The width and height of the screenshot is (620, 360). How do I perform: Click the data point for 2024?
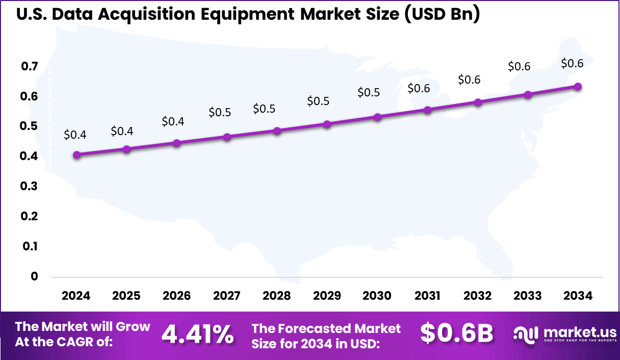click(76, 155)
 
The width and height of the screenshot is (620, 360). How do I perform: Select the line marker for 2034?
click(578, 87)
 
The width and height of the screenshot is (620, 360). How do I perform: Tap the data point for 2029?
click(327, 124)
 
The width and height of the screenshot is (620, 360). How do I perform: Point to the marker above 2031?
click(428, 110)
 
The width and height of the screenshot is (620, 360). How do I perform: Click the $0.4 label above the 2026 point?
click(173, 121)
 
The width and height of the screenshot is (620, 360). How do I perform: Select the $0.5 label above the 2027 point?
click(220, 112)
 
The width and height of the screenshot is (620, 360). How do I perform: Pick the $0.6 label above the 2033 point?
click(519, 66)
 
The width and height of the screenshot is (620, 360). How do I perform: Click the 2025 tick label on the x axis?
click(126, 296)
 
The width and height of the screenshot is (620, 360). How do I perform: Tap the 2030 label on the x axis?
click(377, 296)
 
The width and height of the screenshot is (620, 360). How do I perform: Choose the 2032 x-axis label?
click(478, 296)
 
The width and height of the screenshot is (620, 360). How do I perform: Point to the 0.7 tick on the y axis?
click(30, 66)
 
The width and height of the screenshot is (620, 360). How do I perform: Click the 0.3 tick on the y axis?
click(30, 187)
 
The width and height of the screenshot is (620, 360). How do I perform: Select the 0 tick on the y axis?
click(34, 276)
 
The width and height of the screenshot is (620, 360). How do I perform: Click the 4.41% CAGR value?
click(197, 335)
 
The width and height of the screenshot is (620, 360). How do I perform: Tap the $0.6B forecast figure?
click(456, 333)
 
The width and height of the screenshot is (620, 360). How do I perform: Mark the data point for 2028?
click(277, 131)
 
